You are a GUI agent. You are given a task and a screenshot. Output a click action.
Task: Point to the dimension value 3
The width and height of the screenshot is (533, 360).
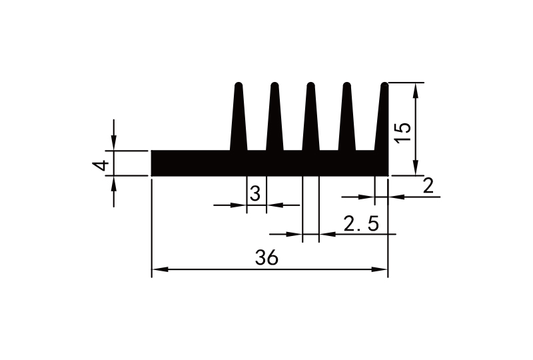[255, 195]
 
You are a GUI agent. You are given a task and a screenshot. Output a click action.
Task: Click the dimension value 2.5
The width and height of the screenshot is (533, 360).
[361, 223]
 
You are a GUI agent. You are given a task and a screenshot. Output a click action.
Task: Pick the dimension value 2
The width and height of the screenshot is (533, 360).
[429, 186]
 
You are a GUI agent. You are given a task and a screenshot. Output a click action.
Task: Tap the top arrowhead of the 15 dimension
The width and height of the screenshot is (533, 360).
[417, 89]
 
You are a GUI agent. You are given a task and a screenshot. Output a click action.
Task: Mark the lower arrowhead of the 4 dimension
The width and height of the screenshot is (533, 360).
[114, 183]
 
